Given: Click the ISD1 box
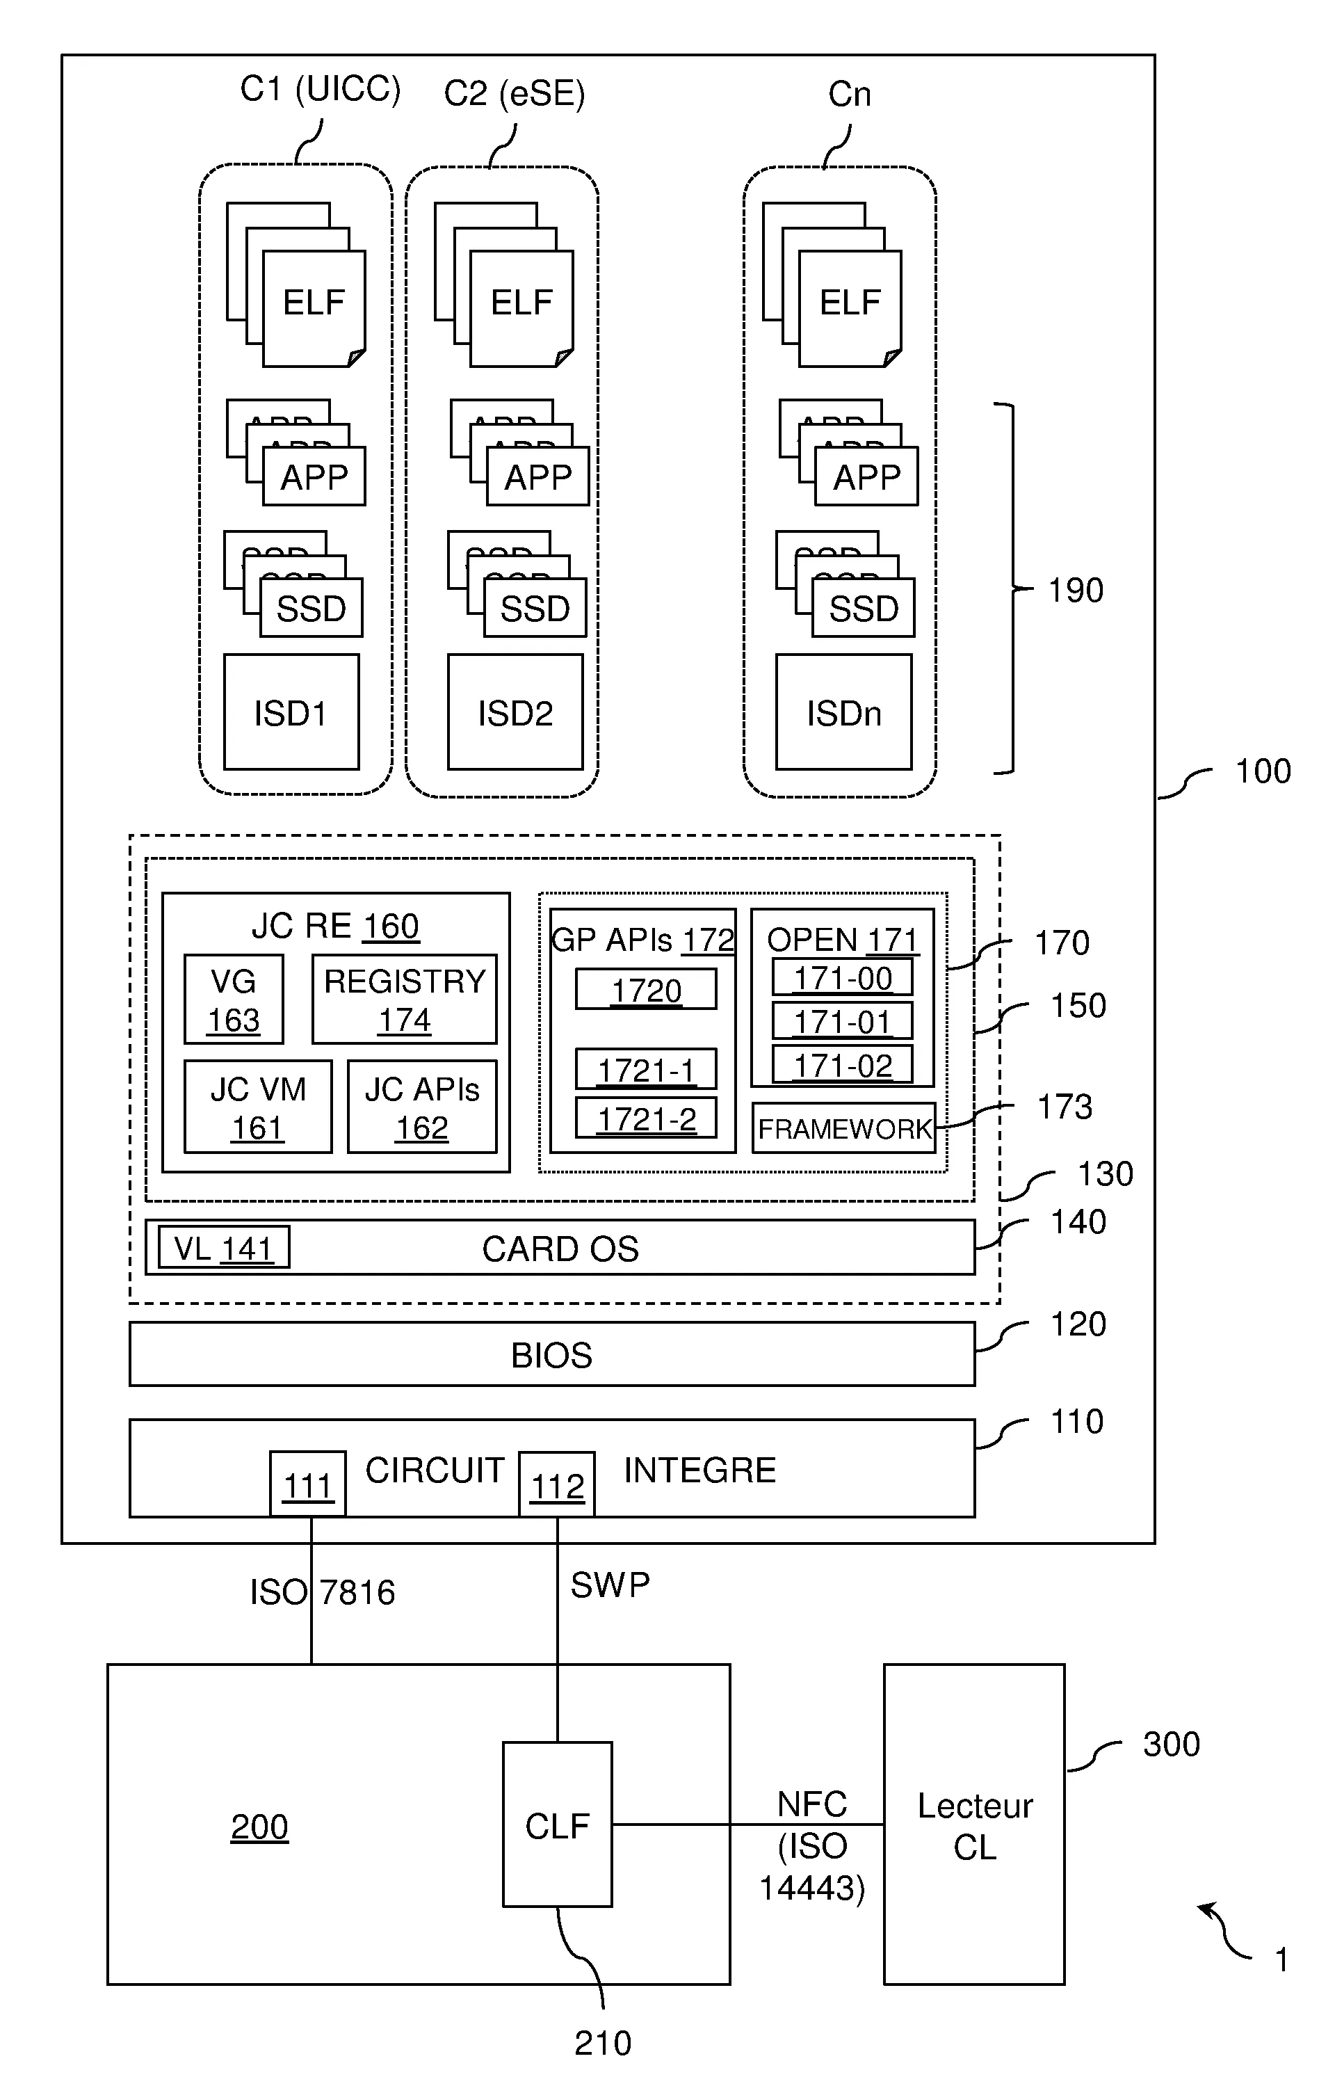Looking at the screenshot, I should click(291, 712).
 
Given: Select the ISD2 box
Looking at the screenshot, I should click(515, 712).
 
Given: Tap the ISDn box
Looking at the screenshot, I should click(843, 712).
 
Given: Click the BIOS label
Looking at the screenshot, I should click(552, 1355).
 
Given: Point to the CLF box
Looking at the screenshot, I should click(557, 1825).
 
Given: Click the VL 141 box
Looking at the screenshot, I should click(223, 1248).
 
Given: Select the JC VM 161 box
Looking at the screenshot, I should click(258, 1107).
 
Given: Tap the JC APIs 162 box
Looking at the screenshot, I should click(422, 1107).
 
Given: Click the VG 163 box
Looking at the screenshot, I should click(234, 1000).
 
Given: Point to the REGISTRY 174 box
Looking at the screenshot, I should click(405, 1000).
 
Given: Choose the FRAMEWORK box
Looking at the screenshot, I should click(843, 1128).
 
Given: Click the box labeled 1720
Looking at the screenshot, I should click(647, 990).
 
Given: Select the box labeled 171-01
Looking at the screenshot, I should click(843, 1021).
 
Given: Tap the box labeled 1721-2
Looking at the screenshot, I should click(647, 1118).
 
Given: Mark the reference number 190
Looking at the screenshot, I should click(1076, 590).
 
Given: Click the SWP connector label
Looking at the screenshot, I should click(610, 1585).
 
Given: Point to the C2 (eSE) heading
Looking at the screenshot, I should click(515, 94).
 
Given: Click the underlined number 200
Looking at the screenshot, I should click(259, 1826).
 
